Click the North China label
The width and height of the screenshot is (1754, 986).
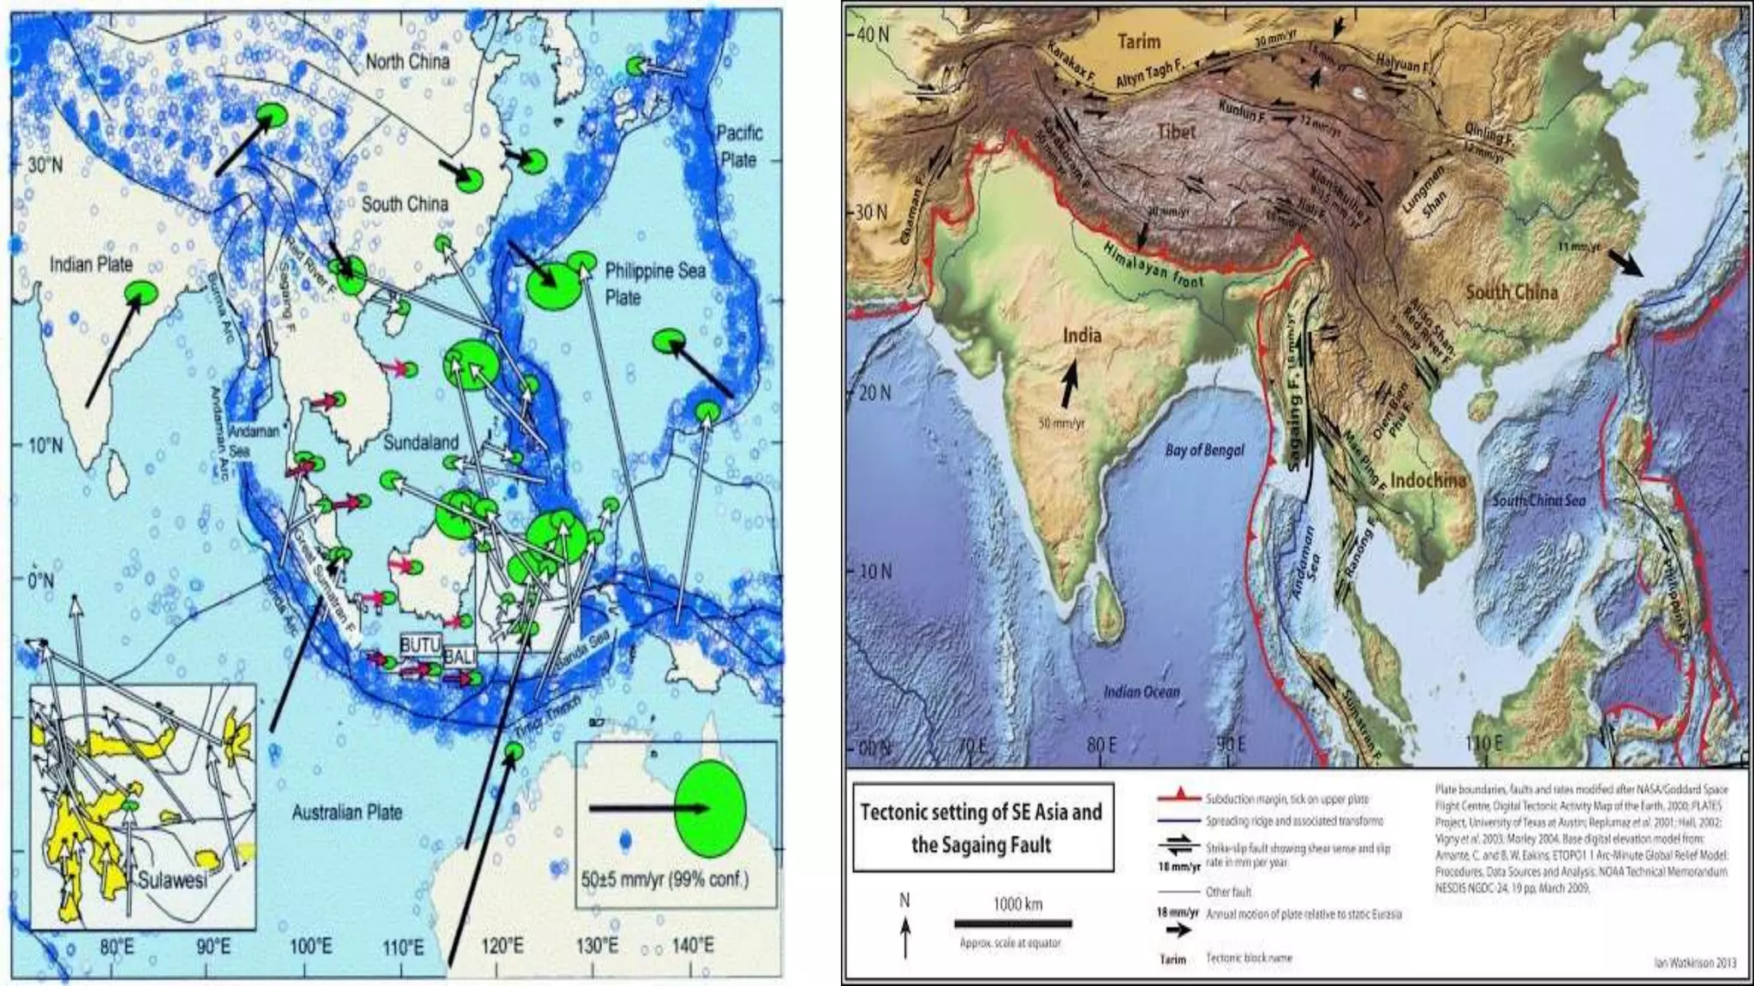coord(407,62)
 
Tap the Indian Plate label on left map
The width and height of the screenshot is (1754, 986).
coord(91,264)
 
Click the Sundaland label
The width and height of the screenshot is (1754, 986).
coord(421,443)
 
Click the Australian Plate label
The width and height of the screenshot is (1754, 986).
coord(347,812)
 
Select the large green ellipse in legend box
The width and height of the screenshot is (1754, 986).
coord(710,808)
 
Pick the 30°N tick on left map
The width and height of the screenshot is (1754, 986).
coord(45,164)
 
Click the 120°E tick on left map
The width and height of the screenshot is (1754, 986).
coord(502,947)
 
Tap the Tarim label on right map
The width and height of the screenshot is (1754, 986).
coord(1139,41)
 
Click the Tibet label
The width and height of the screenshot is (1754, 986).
coord(1177,132)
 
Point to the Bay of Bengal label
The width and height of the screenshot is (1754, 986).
coord(1204,450)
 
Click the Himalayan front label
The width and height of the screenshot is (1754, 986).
coord(1153,264)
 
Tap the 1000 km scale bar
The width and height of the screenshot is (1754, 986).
coord(1013,924)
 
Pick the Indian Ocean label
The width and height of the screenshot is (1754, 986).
coord(1141,691)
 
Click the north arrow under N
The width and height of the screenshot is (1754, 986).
coord(905,937)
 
